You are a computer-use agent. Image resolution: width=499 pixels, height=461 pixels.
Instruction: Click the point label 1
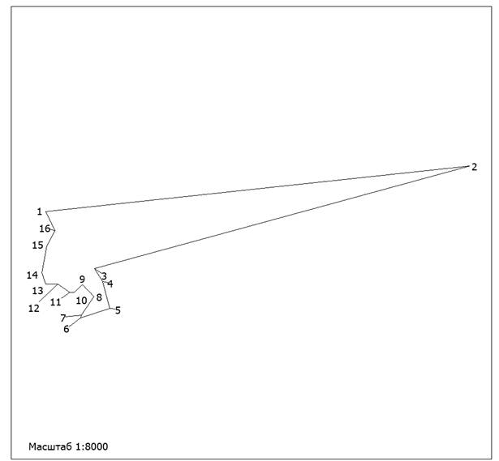pyautogui.click(x=40, y=211)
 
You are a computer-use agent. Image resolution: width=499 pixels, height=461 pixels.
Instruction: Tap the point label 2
pyautogui.click(x=474, y=167)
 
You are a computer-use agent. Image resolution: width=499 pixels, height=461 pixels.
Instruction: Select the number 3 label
pyautogui.click(x=104, y=276)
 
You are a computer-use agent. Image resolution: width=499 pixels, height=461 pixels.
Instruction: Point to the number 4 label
pyautogui.click(x=110, y=284)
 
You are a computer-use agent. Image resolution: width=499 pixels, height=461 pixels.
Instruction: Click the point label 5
pyautogui.click(x=118, y=310)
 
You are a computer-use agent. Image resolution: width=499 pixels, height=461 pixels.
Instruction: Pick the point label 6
pyautogui.click(x=67, y=329)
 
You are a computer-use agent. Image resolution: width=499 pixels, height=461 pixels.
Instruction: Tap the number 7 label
pyautogui.click(x=63, y=318)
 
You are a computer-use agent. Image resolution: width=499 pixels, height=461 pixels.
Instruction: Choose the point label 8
pyautogui.click(x=99, y=297)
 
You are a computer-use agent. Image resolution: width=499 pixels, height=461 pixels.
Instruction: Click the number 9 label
pyautogui.click(x=82, y=280)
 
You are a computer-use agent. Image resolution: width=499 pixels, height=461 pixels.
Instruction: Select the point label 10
pyautogui.click(x=81, y=301)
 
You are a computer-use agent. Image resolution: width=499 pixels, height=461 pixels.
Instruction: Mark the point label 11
pyautogui.click(x=55, y=302)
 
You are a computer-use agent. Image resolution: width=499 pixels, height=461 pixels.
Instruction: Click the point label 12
pyautogui.click(x=34, y=308)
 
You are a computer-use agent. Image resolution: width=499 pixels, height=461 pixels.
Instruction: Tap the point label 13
pyautogui.click(x=37, y=290)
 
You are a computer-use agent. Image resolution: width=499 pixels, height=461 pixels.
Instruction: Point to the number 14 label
pyautogui.click(x=32, y=275)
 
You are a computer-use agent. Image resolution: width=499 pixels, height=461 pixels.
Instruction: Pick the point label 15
pyautogui.click(x=37, y=245)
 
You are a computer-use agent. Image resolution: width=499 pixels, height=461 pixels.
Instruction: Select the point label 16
pyautogui.click(x=45, y=228)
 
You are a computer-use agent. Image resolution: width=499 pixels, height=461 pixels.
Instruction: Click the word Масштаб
pyautogui.click(x=50, y=446)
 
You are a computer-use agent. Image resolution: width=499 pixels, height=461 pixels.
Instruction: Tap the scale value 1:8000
pyautogui.click(x=92, y=446)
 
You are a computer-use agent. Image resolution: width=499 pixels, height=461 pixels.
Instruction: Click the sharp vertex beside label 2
pyautogui.click(x=468, y=166)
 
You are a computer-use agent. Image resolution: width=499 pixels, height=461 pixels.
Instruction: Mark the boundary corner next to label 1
pyautogui.click(x=46, y=211)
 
